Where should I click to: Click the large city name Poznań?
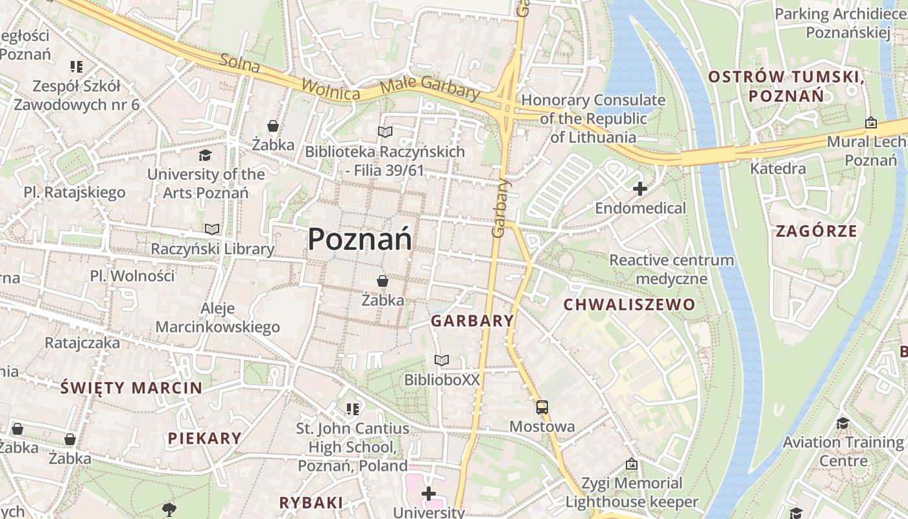pyautogui.click(x=359, y=239)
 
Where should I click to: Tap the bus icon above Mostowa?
pyautogui.click(x=542, y=407)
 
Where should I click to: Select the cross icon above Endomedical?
pyautogui.click(x=640, y=189)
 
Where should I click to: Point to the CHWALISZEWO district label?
pyautogui.click(x=628, y=304)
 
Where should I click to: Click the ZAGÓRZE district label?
pyautogui.click(x=817, y=231)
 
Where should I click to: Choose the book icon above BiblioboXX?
pyautogui.click(x=442, y=360)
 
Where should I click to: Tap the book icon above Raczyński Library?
pyautogui.click(x=212, y=229)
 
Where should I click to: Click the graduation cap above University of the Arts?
pyautogui.click(x=206, y=155)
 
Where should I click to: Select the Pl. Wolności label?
pyautogui.click(x=132, y=276)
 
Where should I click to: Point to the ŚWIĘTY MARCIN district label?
pyautogui.click(x=131, y=388)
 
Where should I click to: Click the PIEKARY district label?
pyautogui.click(x=204, y=438)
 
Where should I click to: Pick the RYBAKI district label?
pyautogui.click(x=311, y=502)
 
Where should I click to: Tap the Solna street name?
pyautogui.click(x=239, y=64)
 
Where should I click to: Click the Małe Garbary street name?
pyautogui.click(x=429, y=87)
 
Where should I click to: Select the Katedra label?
pyautogui.click(x=778, y=169)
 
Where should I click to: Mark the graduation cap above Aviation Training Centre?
pyautogui.click(x=842, y=423)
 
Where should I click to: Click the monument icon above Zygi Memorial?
pyautogui.click(x=632, y=465)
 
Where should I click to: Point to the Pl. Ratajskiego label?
pyautogui.click(x=75, y=192)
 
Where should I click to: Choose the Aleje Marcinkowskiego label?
pyautogui.click(x=218, y=318)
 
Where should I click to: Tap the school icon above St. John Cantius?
pyautogui.click(x=352, y=409)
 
